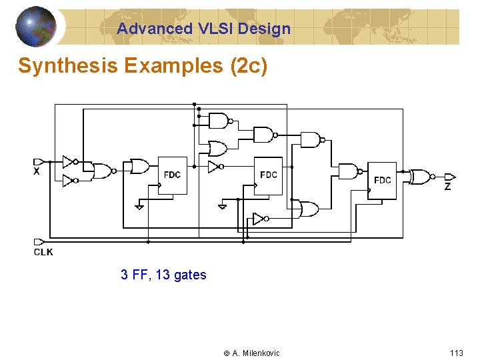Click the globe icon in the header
tap(35, 26)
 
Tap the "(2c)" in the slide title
tap(249, 67)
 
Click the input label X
tap(37, 172)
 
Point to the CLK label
tap(43, 252)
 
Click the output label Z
tap(447, 187)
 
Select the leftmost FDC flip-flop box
tap(172, 175)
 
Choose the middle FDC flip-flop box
tap(269, 175)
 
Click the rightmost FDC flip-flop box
tap(382, 180)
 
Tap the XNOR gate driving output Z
tap(421, 177)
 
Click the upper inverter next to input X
tap(69, 161)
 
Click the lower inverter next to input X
tap(69, 179)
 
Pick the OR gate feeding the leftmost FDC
tap(140, 166)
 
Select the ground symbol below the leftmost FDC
tap(139, 206)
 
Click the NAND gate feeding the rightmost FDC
tap(349, 171)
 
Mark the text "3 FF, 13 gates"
tap(163, 275)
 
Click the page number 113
tap(456, 353)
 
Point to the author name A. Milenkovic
tap(256, 353)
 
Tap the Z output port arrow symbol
tap(449, 177)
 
